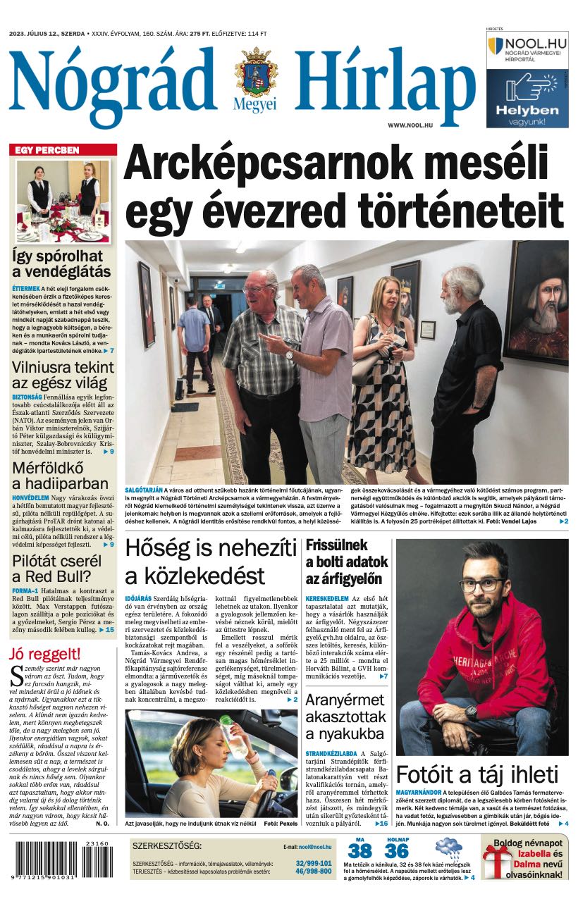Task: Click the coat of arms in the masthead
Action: click(x=256, y=73)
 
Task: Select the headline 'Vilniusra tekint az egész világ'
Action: click(x=63, y=376)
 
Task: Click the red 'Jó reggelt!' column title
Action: click(x=44, y=653)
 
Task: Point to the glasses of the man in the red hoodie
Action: click(x=481, y=584)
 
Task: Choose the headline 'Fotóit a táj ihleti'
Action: click(x=476, y=774)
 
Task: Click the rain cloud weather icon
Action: click(x=448, y=848)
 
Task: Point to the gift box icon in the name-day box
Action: click(x=497, y=863)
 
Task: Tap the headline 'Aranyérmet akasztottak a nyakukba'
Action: click(x=345, y=717)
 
